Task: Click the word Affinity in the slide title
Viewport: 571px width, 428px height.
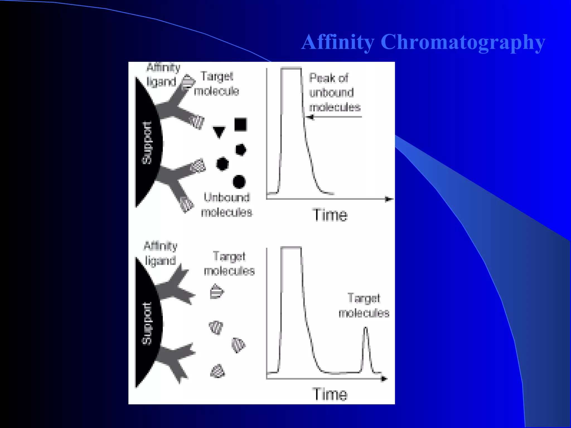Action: point(338,42)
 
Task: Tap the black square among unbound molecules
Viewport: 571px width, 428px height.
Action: point(240,125)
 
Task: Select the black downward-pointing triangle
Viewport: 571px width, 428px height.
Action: point(219,132)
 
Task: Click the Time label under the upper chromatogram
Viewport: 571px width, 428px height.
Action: point(330,215)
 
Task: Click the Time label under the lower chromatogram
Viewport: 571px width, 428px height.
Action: point(330,394)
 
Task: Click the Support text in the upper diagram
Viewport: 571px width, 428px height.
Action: point(147,143)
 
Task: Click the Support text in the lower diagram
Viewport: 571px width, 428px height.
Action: point(147,324)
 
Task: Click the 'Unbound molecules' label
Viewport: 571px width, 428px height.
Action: point(227,205)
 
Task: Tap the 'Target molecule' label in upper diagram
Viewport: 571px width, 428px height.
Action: point(217,84)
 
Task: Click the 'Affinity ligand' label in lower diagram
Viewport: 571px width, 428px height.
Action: point(161,254)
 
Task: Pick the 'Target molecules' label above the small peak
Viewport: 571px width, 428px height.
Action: point(364,306)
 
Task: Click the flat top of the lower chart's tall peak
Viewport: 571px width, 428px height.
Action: point(291,247)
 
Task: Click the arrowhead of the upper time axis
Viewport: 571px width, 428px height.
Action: point(389,199)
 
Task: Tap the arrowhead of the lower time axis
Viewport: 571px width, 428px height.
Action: point(384,379)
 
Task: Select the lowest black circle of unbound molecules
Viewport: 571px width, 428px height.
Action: point(239,182)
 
